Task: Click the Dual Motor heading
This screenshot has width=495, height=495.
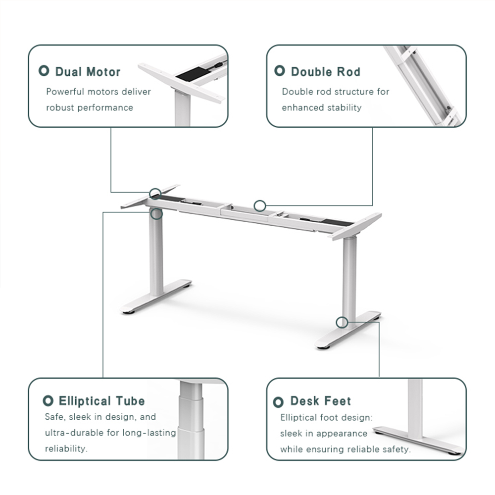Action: (88, 72)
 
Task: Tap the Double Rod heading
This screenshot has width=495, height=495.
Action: (325, 72)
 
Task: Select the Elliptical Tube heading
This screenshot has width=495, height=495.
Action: (101, 401)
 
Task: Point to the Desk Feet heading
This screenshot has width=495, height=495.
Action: (320, 401)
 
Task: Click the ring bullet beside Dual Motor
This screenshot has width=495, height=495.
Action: (44, 71)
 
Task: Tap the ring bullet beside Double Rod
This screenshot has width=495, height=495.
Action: (280, 71)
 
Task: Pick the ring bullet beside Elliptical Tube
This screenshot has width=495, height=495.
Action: (48, 400)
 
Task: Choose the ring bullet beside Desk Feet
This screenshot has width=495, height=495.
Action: (279, 401)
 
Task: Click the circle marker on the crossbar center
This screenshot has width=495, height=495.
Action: (259, 205)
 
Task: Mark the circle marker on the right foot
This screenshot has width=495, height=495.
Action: (341, 322)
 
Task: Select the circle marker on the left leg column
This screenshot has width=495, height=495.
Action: (157, 214)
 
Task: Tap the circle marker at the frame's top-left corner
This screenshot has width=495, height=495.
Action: (155, 193)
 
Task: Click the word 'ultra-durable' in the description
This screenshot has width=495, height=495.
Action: (75, 433)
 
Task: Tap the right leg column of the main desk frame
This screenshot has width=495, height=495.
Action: (349, 277)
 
